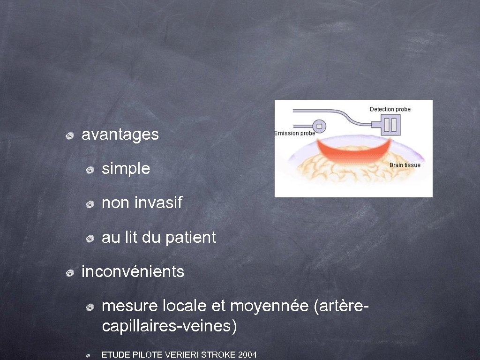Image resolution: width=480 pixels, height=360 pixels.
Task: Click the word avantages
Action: coord(120,135)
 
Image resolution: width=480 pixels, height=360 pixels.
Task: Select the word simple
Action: coord(126,169)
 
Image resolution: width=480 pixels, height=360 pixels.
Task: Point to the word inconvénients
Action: coord(133,271)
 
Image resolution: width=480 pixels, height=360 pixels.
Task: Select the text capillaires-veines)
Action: coord(169,326)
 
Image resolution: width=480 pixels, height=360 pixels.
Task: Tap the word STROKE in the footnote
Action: coord(218,355)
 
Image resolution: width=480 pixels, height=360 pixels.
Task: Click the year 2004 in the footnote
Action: coord(247,355)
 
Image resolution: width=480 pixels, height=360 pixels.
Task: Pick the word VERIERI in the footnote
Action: coord(181,355)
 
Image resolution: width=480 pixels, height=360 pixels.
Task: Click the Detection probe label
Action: coord(390,109)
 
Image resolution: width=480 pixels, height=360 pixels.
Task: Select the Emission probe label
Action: coord(295,133)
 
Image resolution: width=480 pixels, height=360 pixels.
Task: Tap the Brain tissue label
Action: coord(405,165)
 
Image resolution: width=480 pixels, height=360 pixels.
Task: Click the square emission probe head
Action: coord(320,126)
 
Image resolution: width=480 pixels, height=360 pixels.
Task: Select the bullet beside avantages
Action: coord(69,136)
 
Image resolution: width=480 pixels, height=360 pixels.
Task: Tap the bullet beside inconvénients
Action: coord(69,272)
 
